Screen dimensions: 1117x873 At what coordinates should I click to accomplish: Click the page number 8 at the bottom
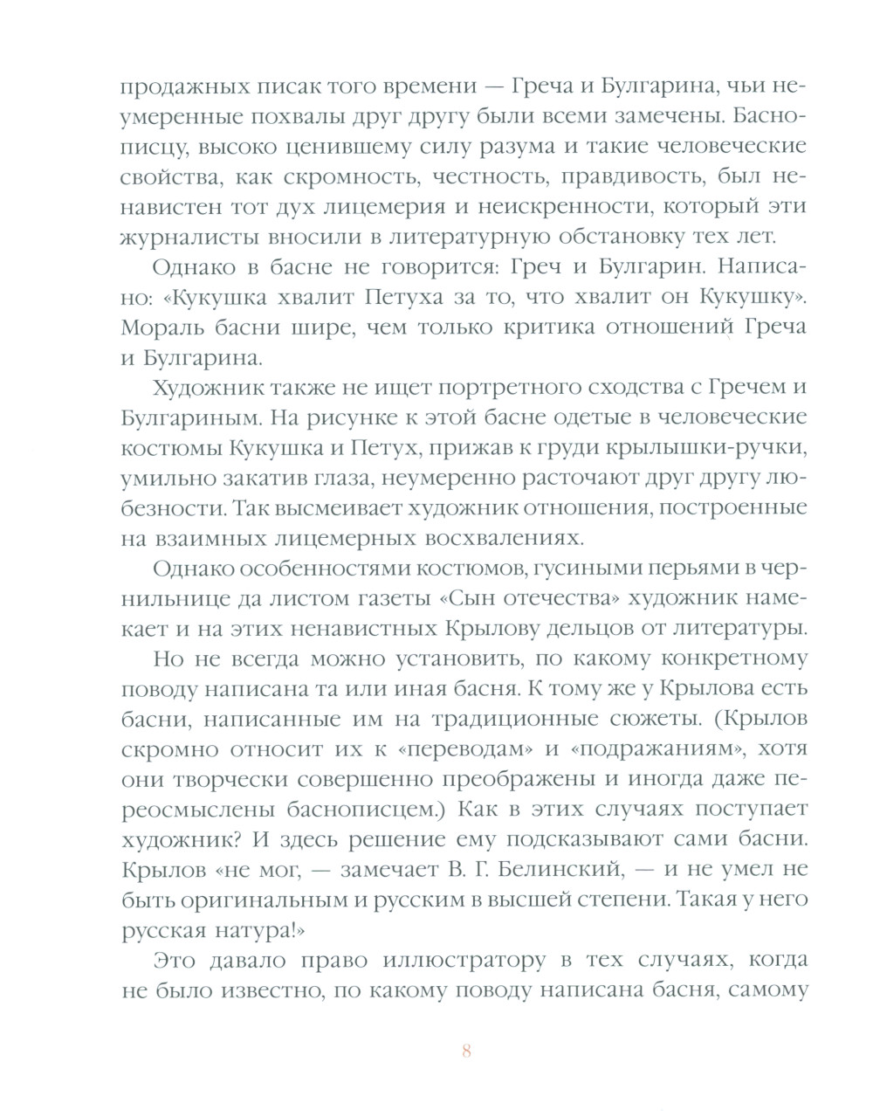[x=466, y=1051]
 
